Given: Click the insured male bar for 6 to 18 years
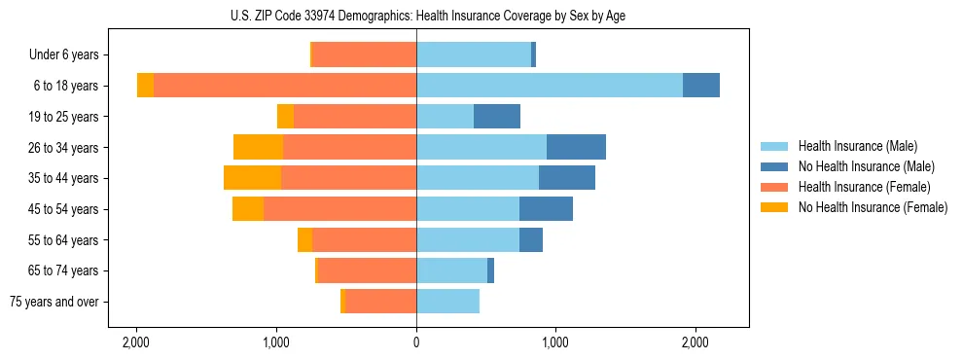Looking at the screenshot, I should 550,86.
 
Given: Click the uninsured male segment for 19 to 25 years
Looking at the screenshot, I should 497,117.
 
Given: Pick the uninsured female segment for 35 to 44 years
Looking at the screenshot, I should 252,178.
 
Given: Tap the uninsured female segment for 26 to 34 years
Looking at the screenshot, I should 258,147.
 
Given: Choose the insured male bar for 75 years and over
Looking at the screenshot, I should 447,302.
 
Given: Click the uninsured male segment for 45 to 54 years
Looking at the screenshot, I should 546,209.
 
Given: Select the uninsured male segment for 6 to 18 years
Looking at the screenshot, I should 701,86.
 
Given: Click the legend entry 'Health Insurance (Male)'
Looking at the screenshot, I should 857,146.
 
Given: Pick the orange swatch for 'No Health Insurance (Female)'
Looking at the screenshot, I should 774,207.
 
